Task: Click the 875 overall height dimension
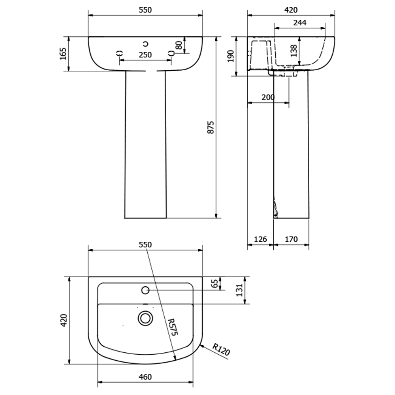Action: click(x=211, y=127)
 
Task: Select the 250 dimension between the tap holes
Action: click(x=145, y=55)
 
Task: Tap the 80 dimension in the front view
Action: click(x=179, y=45)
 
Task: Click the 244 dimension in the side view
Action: click(x=300, y=23)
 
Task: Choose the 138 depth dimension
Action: click(x=293, y=51)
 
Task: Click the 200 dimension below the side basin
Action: click(x=268, y=97)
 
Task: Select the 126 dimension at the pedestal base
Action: click(x=260, y=239)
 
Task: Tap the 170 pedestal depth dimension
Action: click(x=291, y=239)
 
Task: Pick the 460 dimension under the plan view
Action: click(x=145, y=377)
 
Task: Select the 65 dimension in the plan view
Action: click(x=215, y=283)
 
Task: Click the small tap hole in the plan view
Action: click(x=145, y=291)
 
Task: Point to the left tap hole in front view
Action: click(x=120, y=53)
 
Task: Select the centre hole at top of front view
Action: click(x=145, y=43)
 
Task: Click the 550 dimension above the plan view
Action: click(x=145, y=245)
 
